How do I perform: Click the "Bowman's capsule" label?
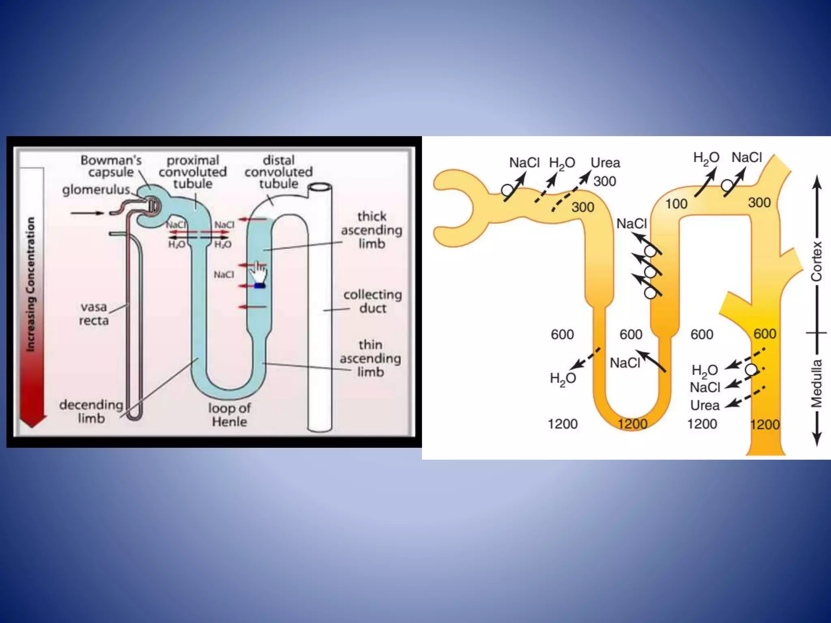[x=111, y=166]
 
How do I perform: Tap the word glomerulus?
[x=96, y=189]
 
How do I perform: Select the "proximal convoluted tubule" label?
[x=193, y=172]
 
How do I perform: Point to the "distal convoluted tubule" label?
[x=279, y=172]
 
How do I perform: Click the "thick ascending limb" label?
[x=372, y=230]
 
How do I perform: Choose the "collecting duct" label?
[x=372, y=301]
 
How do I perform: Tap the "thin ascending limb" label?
[x=370, y=358]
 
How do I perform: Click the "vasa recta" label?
[x=94, y=314]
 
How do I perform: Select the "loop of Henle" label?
[x=230, y=415]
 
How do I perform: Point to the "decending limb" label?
[x=91, y=411]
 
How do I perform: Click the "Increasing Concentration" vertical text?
[x=30, y=284]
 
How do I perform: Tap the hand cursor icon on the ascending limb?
[x=258, y=274]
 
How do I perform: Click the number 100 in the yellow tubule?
[x=676, y=204]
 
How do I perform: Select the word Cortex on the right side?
[x=816, y=262]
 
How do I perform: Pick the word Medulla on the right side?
[x=816, y=383]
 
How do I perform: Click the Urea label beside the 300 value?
[x=605, y=163]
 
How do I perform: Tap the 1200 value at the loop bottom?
[x=632, y=424]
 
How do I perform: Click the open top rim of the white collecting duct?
[x=320, y=187]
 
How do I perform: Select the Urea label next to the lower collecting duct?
[x=705, y=405]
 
